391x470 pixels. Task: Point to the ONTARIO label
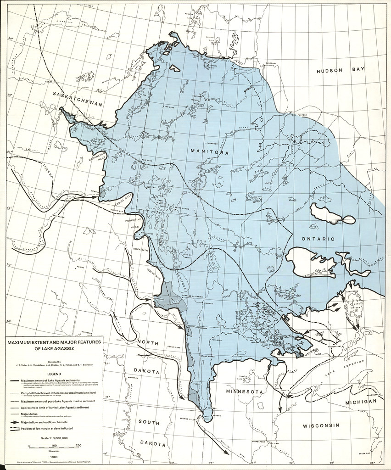coord(318,239)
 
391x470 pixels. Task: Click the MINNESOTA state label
coord(244,392)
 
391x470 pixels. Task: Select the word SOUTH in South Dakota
coord(148,421)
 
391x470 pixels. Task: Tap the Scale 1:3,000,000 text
coord(53,438)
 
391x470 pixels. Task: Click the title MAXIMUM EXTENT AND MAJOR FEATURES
coord(53,342)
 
